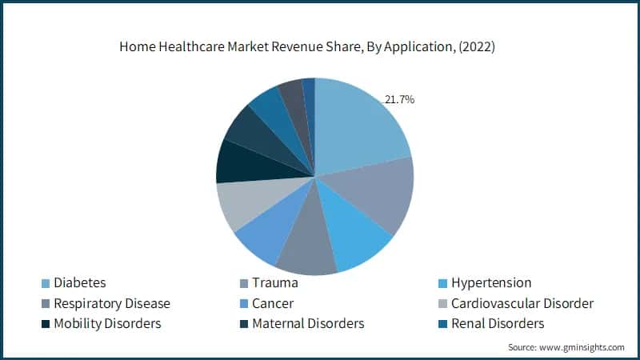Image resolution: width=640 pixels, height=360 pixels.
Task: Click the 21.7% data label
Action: point(398,100)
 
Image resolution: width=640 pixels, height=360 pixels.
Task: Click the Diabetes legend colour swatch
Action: point(46,283)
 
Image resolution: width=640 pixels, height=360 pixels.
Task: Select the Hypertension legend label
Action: point(491,282)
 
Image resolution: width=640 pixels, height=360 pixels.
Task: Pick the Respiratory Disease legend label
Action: point(111,303)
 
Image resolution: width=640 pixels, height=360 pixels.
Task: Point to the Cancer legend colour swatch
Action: point(241,304)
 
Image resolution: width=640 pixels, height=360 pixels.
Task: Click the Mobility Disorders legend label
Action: point(106,323)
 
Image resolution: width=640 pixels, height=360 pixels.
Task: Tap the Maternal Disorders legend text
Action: point(308,323)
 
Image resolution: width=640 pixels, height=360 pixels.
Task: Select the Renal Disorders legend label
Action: point(498,323)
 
